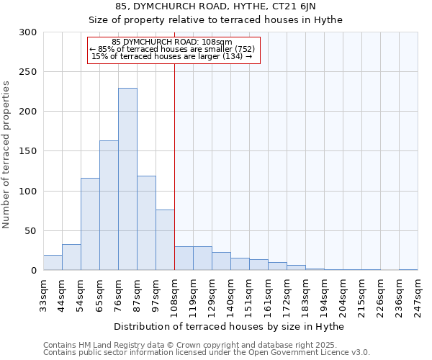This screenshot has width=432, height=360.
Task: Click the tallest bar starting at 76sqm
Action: tap(127, 179)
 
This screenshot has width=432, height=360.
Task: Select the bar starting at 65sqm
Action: tap(109, 205)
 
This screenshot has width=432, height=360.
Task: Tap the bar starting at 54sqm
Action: tap(90, 224)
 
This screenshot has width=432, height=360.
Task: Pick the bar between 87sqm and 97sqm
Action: tap(146, 223)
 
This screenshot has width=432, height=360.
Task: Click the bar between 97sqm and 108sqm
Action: tap(165, 240)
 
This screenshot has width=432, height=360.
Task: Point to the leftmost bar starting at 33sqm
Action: tap(53, 263)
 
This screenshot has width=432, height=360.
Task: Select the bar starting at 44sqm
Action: tap(71, 257)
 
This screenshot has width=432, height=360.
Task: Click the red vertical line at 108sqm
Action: tap(174, 166)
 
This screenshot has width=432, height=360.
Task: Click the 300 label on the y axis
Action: tap(28, 32)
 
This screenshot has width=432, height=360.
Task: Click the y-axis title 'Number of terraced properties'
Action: tap(6, 155)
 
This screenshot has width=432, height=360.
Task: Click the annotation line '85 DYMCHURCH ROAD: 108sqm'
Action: tap(172, 42)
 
